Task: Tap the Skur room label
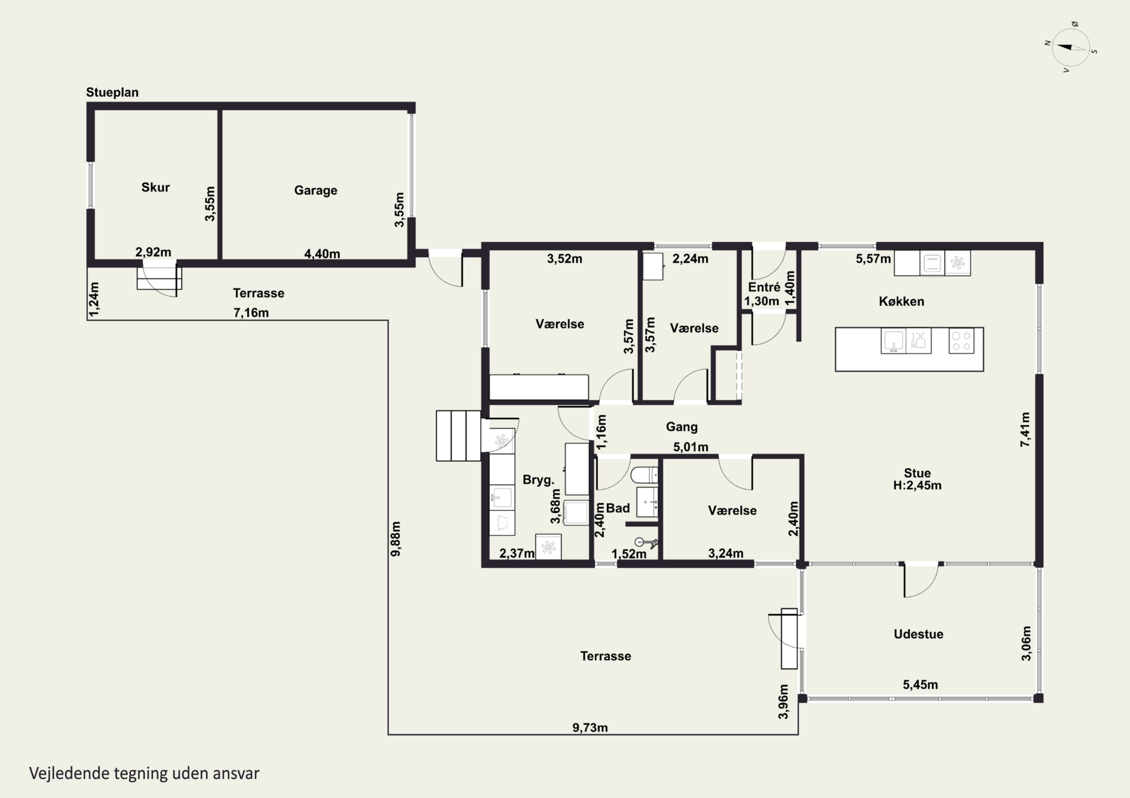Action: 156,187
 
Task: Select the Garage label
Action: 316,191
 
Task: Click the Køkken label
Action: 902,301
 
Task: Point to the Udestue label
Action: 918,634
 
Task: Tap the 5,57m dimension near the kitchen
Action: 873,258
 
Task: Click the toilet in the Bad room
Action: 644,475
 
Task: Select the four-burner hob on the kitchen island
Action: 961,341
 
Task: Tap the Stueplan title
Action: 112,93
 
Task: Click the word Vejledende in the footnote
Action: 69,774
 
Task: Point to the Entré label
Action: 764,287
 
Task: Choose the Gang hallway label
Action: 682,427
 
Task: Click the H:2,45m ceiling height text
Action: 918,485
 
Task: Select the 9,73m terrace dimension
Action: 590,728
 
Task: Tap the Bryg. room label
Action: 538,480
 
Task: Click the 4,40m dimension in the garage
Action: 322,254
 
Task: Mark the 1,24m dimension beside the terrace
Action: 94,299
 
